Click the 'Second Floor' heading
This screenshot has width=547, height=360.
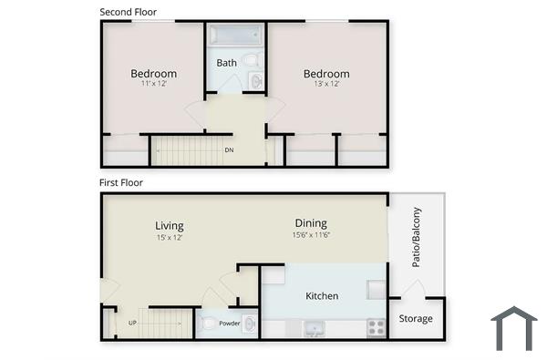(128, 12)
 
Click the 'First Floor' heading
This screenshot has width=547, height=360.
(121, 182)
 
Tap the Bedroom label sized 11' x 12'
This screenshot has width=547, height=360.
(153, 74)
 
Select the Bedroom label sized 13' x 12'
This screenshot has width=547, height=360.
(326, 74)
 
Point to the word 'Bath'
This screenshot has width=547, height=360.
(226, 63)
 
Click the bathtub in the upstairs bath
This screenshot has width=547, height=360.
(235, 35)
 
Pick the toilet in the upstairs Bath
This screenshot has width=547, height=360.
(253, 61)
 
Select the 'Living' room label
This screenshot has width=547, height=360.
(170, 226)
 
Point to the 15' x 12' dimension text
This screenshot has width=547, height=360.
(170, 238)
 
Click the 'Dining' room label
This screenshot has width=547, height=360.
(311, 223)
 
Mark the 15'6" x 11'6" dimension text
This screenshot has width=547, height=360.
(311, 235)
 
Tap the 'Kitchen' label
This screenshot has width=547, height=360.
(322, 296)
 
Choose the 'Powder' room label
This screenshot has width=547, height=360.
(229, 323)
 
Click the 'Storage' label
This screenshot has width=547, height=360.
(416, 319)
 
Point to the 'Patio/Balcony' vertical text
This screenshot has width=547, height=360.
(416, 247)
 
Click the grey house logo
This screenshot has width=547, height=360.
(514, 329)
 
